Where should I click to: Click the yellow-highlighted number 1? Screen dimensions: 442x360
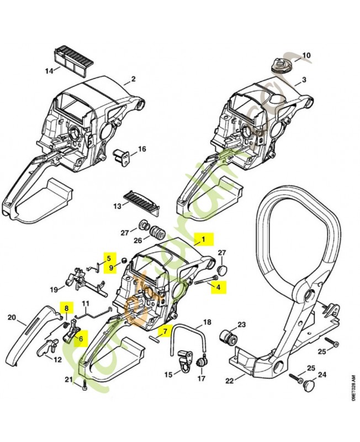(x=203, y=239)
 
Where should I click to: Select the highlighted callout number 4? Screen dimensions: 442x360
(x=218, y=287)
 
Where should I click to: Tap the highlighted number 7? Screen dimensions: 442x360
(x=163, y=331)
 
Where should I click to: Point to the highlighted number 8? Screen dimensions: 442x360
(x=66, y=308)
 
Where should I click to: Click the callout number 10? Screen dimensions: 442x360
(x=306, y=55)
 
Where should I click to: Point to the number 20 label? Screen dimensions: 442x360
(x=12, y=317)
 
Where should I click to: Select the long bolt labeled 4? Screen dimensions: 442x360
(x=206, y=280)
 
